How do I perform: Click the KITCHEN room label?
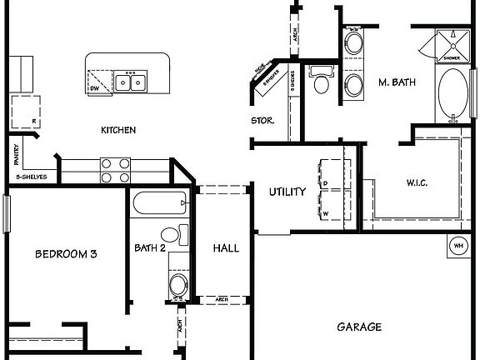pyautogui.click(x=118, y=130)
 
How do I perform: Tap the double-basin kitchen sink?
pyautogui.click(x=129, y=82)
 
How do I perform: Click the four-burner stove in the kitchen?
pyautogui.click(x=115, y=170)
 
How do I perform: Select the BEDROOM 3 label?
pyautogui.click(x=66, y=254)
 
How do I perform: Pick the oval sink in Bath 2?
pyautogui.click(x=177, y=285)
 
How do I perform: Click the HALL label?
pyautogui.click(x=226, y=248)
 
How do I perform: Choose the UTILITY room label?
pyautogui.click(x=287, y=192)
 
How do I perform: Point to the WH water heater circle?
pyautogui.click(x=458, y=246)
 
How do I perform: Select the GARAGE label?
pyautogui.click(x=359, y=327)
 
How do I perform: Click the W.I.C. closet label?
pyautogui.click(x=417, y=182)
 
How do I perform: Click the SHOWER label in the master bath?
pyautogui.click(x=450, y=58)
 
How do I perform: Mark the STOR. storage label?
pyautogui.click(x=262, y=121)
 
